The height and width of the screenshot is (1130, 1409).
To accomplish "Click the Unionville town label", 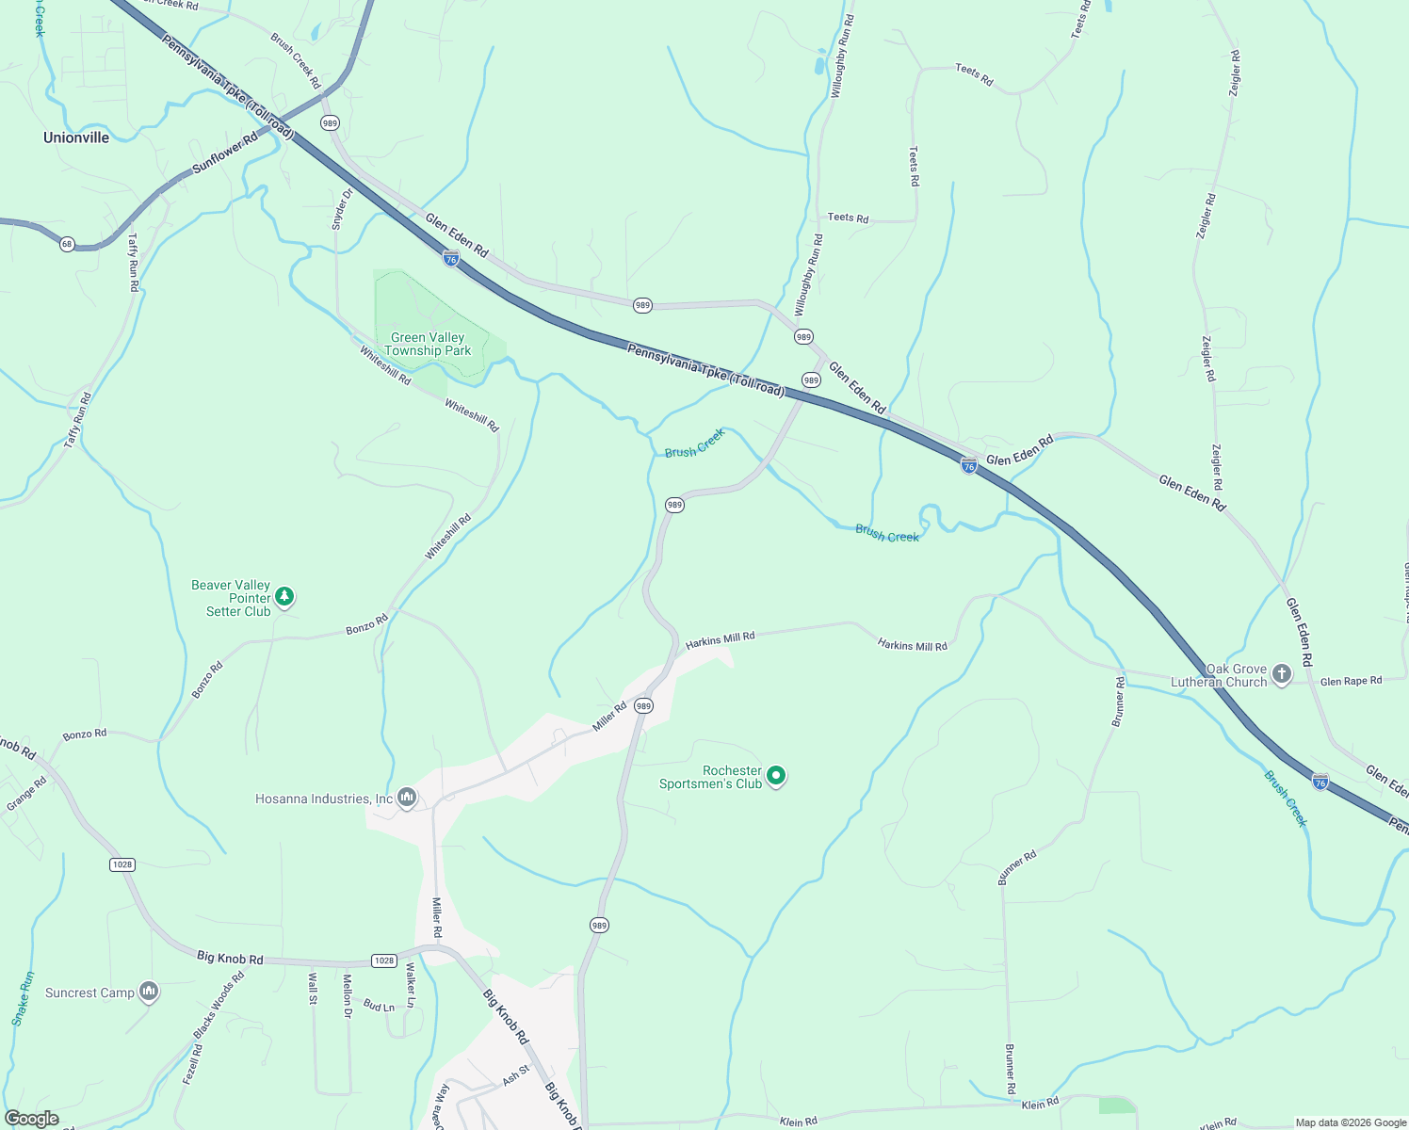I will point(76,137).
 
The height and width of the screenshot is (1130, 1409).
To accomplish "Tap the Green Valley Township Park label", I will point(428,344).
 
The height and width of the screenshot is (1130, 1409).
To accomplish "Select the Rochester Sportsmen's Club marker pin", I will point(776,776).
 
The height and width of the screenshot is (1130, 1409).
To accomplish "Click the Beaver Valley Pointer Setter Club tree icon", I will point(284,597).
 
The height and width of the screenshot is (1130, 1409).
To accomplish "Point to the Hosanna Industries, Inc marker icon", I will point(407,799).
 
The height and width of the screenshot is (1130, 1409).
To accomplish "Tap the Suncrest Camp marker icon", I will point(149,992).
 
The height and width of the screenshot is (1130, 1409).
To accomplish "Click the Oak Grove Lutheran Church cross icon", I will point(1281,674).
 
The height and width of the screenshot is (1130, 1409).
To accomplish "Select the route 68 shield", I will point(67,244).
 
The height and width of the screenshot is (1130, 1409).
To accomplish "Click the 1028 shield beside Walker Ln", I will point(383,960).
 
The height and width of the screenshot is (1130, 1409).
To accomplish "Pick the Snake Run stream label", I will point(23,998).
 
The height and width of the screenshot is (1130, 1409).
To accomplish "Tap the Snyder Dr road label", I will point(342,209).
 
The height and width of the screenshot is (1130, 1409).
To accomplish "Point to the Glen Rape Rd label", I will point(1351,681).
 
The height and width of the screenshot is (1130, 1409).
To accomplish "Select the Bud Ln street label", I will point(379,1006).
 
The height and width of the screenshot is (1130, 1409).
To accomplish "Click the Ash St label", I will point(516,1074).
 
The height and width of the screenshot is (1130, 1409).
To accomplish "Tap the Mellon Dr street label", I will point(347,995).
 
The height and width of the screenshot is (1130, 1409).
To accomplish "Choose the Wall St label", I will point(313,989).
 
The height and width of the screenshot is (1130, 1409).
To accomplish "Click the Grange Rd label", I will point(26,794).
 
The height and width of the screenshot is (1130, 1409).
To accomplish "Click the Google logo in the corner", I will point(32,1119).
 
